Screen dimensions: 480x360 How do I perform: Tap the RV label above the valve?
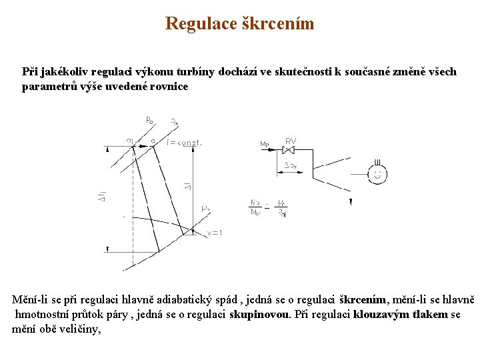point(291,141)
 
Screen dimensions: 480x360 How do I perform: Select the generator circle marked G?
point(378,175)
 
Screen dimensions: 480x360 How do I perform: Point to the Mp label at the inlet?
point(265,144)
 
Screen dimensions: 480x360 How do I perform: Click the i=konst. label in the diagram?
point(185,142)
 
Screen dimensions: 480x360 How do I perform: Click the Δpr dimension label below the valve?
point(291,165)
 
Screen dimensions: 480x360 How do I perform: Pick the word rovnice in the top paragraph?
point(169,86)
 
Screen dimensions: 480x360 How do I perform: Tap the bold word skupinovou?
point(260,315)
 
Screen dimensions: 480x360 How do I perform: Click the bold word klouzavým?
point(377,315)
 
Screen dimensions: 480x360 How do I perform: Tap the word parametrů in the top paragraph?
point(49,86)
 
